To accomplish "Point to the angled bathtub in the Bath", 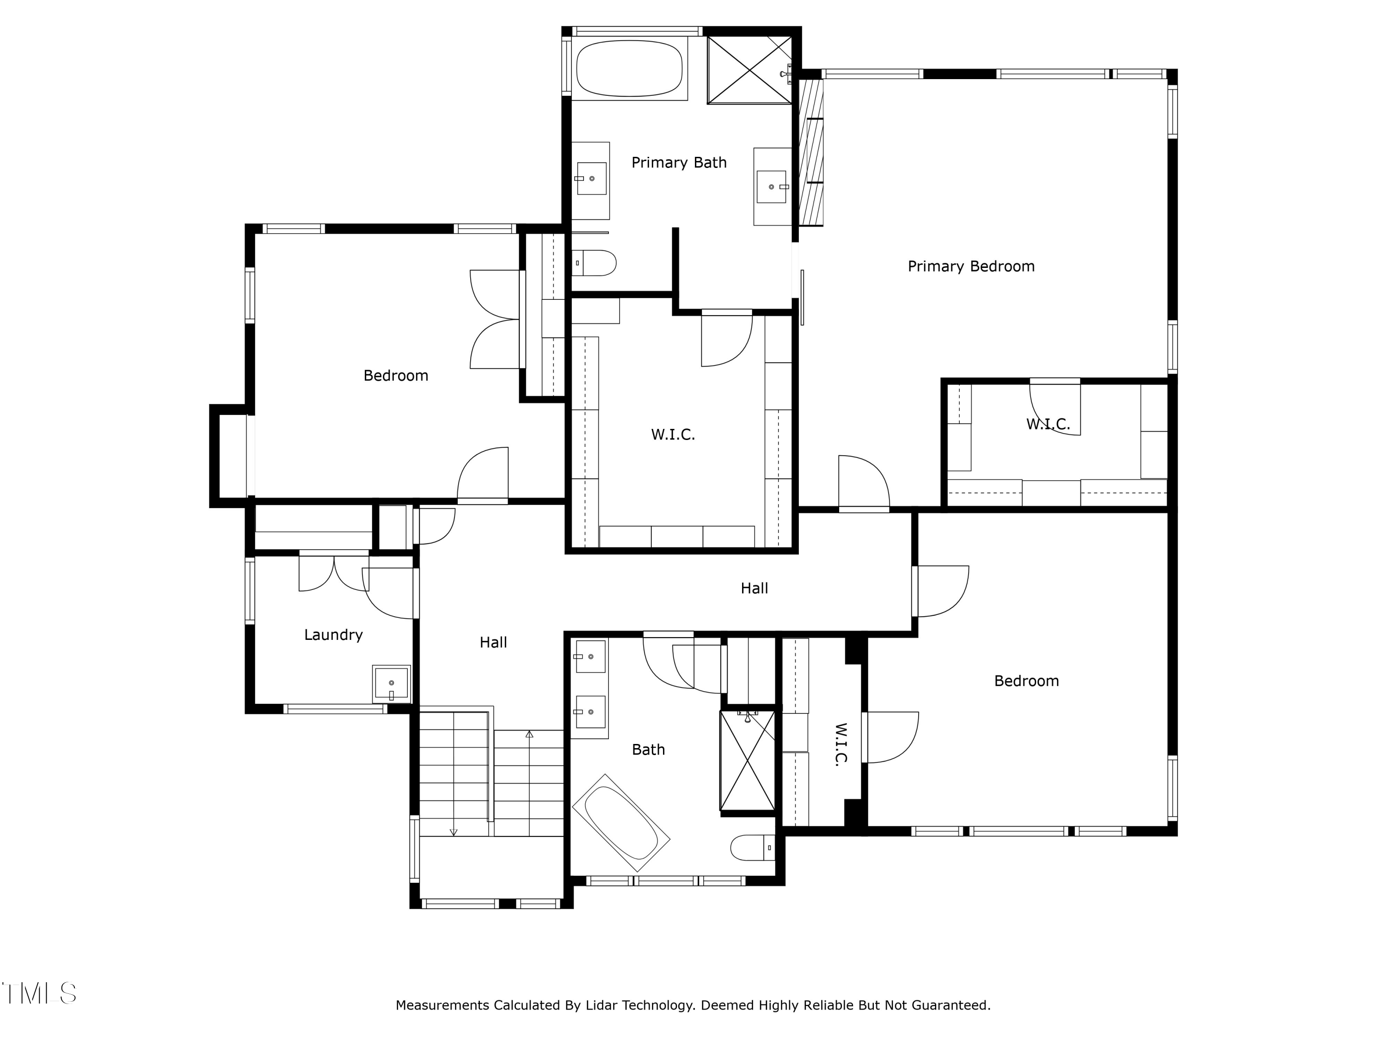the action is [x=621, y=823].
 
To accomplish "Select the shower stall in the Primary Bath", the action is [x=750, y=70].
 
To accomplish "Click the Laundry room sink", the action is [x=391, y=683].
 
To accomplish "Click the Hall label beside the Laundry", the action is [x=493, y=643].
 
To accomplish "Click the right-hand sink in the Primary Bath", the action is [x=771, y=186].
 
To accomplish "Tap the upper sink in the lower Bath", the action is [x=590, y=657].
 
